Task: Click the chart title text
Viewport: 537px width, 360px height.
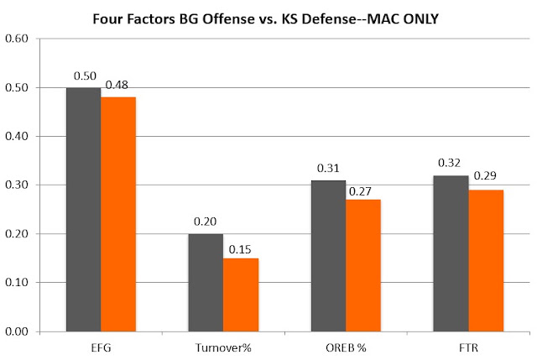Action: pyautogui.click(x=265, y=18)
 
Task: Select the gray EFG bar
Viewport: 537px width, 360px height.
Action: pyautogui.click(x=84, y=210)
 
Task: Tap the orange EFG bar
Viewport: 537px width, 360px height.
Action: pyautogui.click(x=118, y=215)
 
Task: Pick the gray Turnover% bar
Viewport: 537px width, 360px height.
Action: pyautogui.click(x=206, y=283)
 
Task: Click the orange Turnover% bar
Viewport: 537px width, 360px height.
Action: pyautogui.click(x=241, y=295)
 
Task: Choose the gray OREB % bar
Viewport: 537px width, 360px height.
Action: pyautogui.click(x=328, y=256)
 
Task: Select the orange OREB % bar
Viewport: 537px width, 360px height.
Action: pyautogui.click(x=363, y=265)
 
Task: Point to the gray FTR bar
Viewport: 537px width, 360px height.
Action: pyautogui.click(x=451, y=253)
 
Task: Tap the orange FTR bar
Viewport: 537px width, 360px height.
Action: pyautogui.click(x=486, y=261)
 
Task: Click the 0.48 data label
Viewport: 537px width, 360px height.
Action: pyautogui.click(x=117, y=85)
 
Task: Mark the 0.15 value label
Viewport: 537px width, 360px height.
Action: pyautogui.click(x=240, y=249)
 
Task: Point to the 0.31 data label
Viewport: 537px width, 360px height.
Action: pyautogui.click(x=328, y=168)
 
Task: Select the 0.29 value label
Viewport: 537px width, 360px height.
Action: pyautogui.click(x=485, y=175)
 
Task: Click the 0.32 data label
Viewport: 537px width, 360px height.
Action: pyautogui.click(x=450, y=163)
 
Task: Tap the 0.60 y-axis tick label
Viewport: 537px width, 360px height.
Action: pyautogui.click(x=17, y=39)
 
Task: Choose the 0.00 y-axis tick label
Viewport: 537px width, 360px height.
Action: pyautogui.click(x=17, y=331)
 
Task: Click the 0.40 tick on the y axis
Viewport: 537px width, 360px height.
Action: pyautogui.click(x=17, y=136)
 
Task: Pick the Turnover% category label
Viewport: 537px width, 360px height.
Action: pyautogui.click(x=223, y=348)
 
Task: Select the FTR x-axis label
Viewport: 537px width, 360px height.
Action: pyautogui.click(x=468, y=348)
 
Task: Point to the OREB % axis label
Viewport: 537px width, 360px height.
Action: pyautogui.click(x=346, y=348)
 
